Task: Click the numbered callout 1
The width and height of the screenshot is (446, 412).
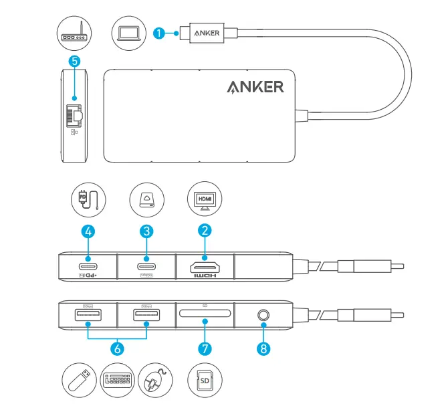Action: coord(158,32)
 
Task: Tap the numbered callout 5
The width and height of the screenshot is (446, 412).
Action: coord(74,61)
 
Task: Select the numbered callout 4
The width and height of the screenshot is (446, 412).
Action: coord(88,231)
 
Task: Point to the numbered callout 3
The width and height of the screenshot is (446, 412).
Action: coord(147,231)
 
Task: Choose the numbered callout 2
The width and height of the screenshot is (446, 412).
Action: coord(205,231)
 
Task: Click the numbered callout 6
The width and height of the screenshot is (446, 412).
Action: coord(117,348)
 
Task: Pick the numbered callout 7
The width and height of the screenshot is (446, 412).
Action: coord(205,348)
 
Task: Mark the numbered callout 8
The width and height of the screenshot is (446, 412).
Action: coord(263,348)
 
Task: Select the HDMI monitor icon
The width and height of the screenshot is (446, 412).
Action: coord(205,199)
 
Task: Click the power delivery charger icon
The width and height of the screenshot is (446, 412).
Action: coord(88,199)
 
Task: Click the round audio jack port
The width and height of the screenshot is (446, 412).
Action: coord(263,312)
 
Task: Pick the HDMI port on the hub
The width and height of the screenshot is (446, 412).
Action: coord(205,262)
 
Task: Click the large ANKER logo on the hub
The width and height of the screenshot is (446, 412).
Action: coord(255,87)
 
